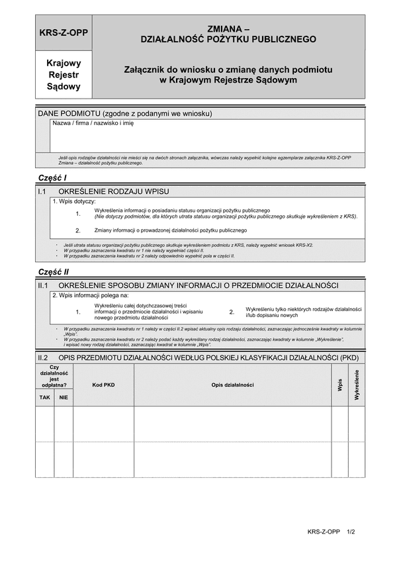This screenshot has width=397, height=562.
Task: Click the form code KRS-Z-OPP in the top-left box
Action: coord(64,31)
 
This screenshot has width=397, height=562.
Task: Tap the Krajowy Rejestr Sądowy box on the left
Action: coord(64,75)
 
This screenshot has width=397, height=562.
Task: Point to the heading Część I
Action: coord(53,179)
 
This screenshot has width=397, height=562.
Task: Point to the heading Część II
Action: coord(54,272)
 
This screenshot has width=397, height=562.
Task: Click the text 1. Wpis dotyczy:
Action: coord(73,201)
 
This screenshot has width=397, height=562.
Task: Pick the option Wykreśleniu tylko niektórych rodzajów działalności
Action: coord(303,312)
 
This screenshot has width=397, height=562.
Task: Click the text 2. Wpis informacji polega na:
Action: coord(90,295)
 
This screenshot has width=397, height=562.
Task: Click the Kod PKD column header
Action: coord(103,385)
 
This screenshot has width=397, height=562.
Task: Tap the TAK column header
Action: coord(44,398)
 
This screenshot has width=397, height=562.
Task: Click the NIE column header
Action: coord(64,398)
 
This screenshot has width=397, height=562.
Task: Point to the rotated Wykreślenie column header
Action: coord(357,385)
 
